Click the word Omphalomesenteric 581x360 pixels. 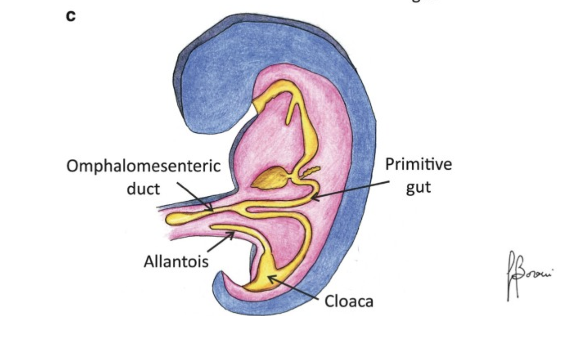point(144,166)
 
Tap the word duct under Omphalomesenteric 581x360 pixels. point(143,189)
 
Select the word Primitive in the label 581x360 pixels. point(418,164)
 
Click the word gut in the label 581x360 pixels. point(418,186)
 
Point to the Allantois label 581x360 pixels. point(176,261)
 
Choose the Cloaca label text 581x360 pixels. point(349,301)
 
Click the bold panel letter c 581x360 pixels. point(70,16)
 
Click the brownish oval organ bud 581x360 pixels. point(271,178)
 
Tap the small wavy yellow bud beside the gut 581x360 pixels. point(311,171)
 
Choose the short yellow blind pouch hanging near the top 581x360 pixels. point(292,112)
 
